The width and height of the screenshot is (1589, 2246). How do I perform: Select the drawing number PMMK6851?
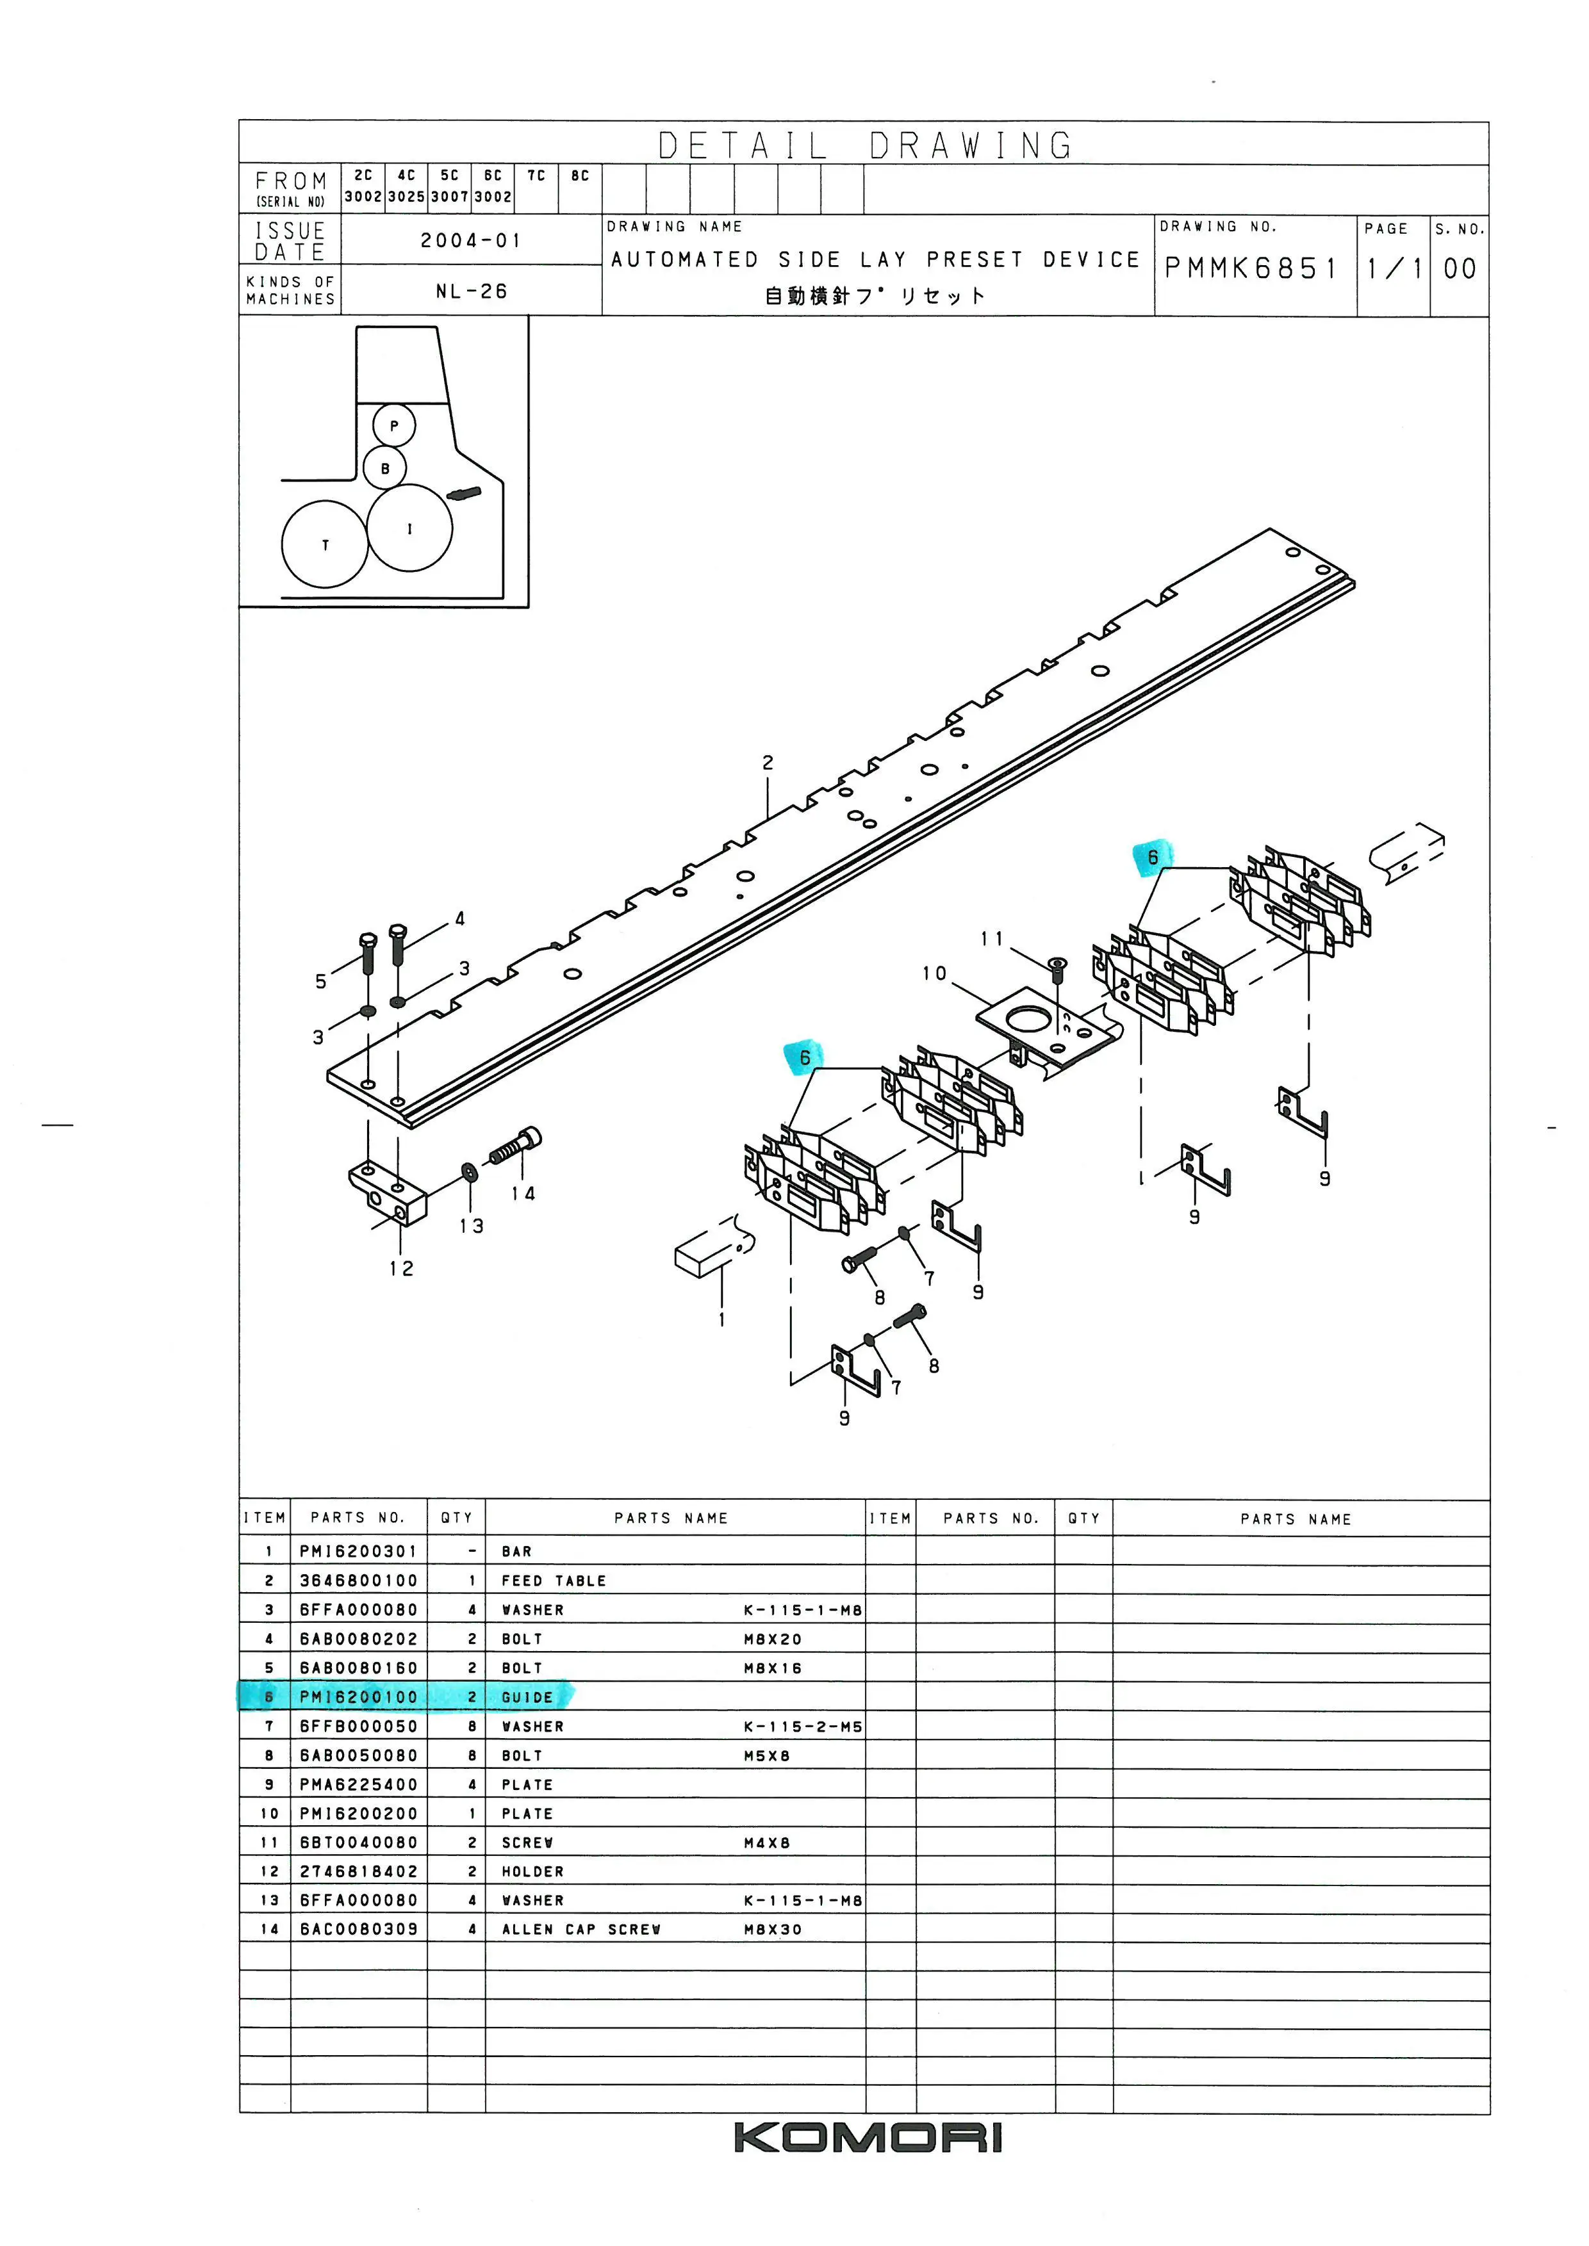[x=1251, y=268]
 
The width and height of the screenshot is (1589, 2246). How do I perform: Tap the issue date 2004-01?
[x=471, y=241]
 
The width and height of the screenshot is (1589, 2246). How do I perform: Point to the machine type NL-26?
[x=471, y=291]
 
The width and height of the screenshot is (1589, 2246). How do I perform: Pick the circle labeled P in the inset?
[x=394, y=425]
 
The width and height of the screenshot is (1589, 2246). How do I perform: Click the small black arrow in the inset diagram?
[x=464, y=492]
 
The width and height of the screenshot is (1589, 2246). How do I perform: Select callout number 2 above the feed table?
[x=768, y=762]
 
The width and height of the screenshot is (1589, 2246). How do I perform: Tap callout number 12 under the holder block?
[x=401, y=1269]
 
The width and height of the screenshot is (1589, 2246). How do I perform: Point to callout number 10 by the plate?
[x=934, y=973]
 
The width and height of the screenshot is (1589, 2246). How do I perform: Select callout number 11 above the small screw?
[x=992, y=939]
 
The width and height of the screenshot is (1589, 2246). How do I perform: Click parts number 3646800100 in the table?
[x=358, y=1581]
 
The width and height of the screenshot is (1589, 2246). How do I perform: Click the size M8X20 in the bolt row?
[x=772, y=1640]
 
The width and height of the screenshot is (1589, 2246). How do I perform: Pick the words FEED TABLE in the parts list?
[x=554, y=1581]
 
